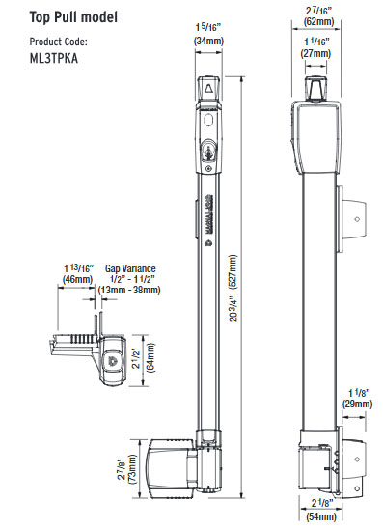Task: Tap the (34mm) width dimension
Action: coord(209,42)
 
